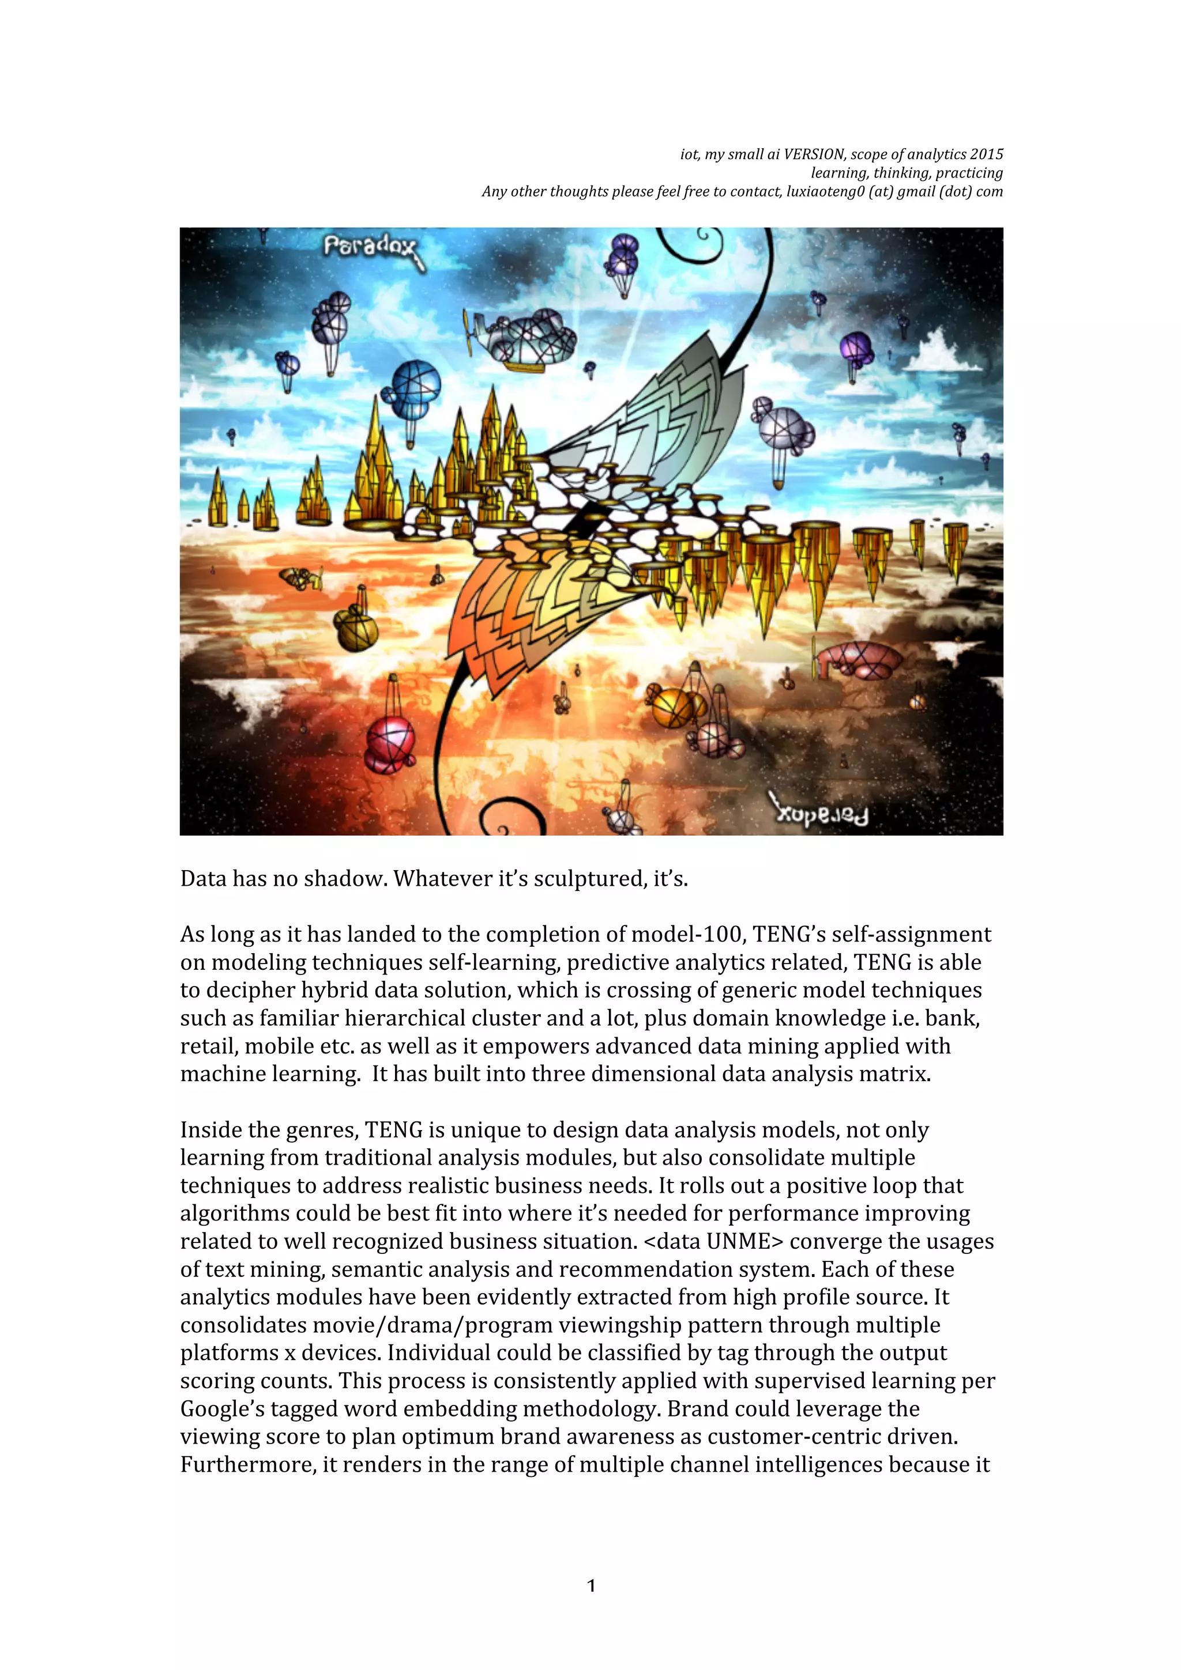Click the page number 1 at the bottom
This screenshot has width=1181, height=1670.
(591, 1586)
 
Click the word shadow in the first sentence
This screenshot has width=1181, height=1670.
(345, 879)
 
